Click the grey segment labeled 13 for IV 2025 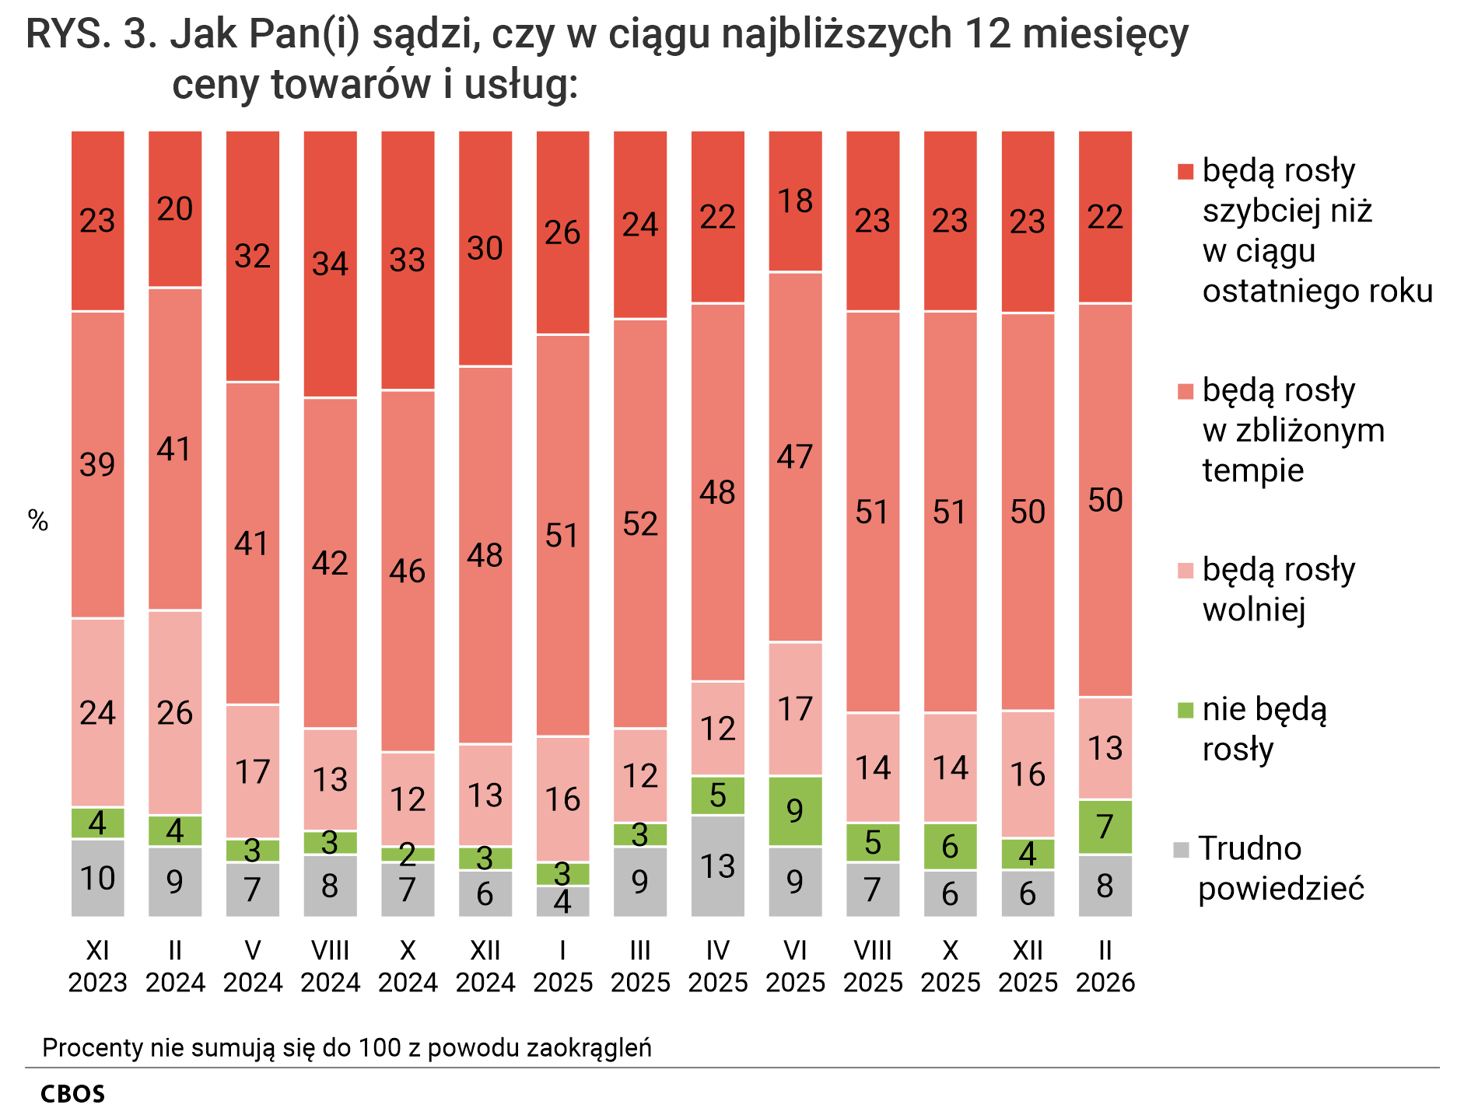point(717,865)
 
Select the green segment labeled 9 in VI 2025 point(795,811)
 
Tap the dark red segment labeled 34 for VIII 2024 point(330,264)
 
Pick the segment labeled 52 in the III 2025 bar point(640,523)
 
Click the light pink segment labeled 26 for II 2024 point(175,712)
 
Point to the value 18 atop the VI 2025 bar point(795,201)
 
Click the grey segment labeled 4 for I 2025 point(562,902)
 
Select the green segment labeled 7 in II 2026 point(1105,827)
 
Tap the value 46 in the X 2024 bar point(408,571)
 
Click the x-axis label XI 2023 point(97,966)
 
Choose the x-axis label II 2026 point(1105,966)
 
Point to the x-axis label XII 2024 point(485,966)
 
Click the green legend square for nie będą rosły point(1185,709)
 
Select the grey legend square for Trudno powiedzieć point(1182,849)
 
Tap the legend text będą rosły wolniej point(1278,589)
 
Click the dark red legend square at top point(1185,172)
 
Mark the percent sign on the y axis point(38,521)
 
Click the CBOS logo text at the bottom point(72,1094)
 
